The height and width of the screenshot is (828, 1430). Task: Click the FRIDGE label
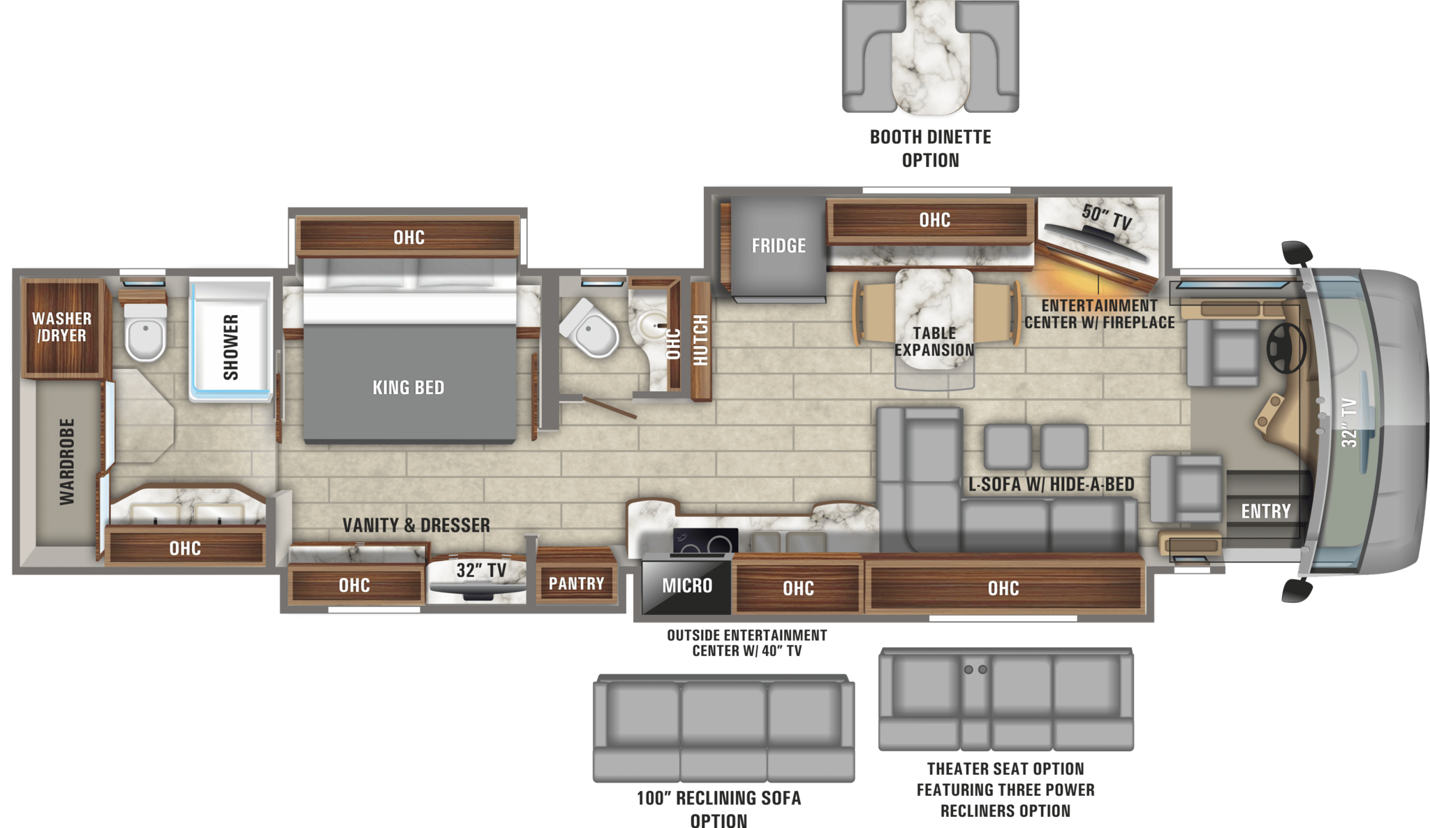779,246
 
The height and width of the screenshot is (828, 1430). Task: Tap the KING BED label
408,388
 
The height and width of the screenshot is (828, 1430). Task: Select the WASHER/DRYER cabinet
62,327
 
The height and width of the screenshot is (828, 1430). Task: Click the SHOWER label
230,347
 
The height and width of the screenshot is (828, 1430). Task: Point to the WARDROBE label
67,461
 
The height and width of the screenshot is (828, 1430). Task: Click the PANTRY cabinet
576,583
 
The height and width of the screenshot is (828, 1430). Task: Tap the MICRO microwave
687,586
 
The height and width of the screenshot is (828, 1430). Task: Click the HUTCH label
700,340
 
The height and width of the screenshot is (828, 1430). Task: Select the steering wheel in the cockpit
1286,347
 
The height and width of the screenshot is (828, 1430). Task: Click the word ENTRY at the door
1266,511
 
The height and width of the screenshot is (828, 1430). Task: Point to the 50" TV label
1107,217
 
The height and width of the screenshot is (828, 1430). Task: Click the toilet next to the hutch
591,330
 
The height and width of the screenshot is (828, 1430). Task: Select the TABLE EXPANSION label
934,342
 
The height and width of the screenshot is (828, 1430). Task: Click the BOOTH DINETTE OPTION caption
931,148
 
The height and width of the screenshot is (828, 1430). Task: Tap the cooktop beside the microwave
705,541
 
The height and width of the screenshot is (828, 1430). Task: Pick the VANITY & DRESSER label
416,525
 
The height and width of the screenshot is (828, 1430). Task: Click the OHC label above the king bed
408,238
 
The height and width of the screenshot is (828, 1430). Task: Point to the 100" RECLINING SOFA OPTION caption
719,808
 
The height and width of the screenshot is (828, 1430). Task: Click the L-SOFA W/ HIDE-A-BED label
1051,484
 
